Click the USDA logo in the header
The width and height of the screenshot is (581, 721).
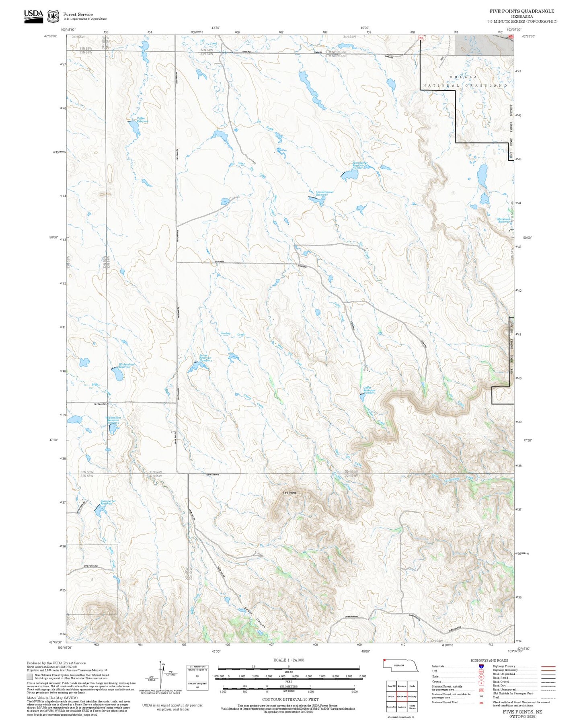[33, 16]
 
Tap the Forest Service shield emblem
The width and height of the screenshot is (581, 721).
[53, 16]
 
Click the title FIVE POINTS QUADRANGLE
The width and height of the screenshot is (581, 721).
[521, 11]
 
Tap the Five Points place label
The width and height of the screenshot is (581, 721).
[289, 493]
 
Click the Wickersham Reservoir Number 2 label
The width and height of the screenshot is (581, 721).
[113, 420]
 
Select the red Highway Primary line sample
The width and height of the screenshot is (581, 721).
[548, 678]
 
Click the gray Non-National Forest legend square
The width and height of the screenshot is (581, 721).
[30, 677]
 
